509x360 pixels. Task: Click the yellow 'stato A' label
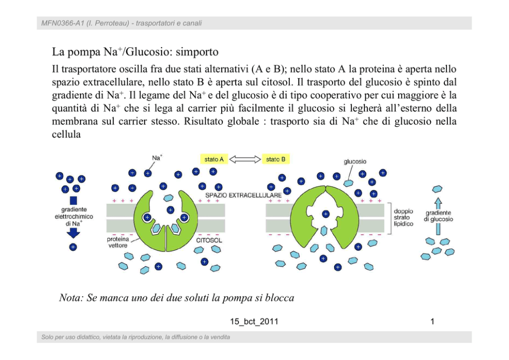(x=214, y=159)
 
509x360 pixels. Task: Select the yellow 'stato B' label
(x=276, y=159)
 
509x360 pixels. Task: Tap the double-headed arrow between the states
(x=245, y=159)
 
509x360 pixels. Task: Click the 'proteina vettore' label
(x=118, y=242)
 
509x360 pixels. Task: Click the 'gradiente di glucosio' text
(x=438, y=216)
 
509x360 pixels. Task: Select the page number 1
(x=433, y=322)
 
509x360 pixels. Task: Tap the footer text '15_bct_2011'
(x=254, y=322)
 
